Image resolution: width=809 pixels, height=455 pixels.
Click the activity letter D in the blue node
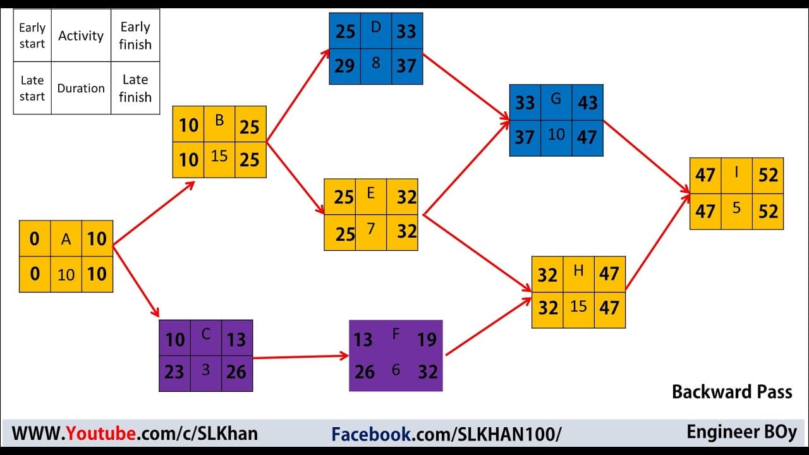coord(375,27)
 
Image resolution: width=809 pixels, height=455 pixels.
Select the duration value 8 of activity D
coord(375,63)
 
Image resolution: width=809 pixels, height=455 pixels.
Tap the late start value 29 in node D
coord(344,66)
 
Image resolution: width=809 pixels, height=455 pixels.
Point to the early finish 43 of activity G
coord(588,102)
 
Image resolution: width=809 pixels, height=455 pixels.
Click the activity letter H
coord(578,270)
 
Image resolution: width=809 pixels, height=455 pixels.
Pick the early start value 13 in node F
coord(363,340)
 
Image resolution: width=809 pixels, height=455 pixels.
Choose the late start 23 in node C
coord(174,372)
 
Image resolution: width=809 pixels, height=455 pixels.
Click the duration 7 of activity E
coord(370,229)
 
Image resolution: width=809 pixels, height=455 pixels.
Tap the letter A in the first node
coord(66,239)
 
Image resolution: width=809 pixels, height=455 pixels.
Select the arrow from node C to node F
coord(300,357)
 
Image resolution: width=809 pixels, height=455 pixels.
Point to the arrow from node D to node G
coord(466,87)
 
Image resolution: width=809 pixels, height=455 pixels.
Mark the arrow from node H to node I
coord(658,241)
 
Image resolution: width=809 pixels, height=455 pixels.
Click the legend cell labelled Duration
coord(81,88)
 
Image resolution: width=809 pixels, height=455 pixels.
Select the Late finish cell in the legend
coord(135,88)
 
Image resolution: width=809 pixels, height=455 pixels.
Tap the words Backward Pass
coord(732,392)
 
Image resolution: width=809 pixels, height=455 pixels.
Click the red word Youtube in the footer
coord(100,434)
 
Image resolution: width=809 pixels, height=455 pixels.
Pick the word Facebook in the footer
coord(371,434)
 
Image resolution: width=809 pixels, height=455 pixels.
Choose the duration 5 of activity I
coord(736,208)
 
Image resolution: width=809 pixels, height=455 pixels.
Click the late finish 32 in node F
coord(428,372)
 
